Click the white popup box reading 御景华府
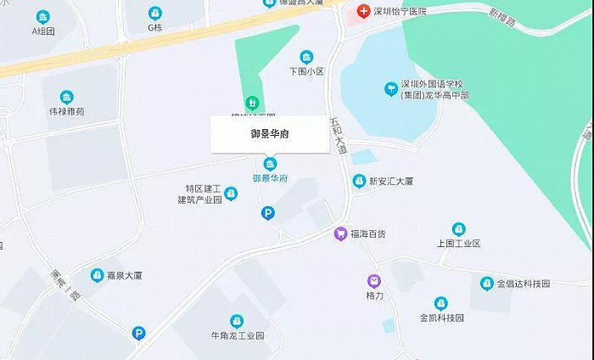point(270,134)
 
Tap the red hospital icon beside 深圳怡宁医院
point(363,11)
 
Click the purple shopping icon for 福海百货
point(340,233)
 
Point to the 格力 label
point(374,295)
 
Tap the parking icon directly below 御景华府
point(268,214)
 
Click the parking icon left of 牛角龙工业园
point(138,334)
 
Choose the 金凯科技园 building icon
point(441,303)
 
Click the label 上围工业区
point(458,244)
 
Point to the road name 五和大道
point(339,135)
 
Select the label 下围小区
point(306,71)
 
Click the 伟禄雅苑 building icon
point(67,97)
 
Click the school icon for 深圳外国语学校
point(390,87)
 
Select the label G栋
point(154,27)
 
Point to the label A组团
point(42,31)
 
